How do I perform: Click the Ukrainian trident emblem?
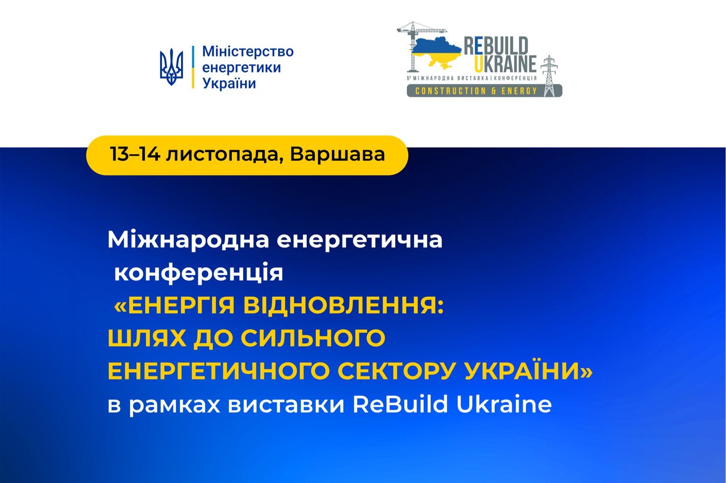[171, 67]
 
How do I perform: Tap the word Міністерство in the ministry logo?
[248, 52]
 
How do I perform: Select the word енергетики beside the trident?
[241, 68]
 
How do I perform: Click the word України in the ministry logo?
[229, 84]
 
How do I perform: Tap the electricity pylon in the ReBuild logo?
[549, 76]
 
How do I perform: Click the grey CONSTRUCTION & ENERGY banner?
[484, 91]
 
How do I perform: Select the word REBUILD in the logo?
[496, 45]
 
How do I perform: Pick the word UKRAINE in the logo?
[505, 64]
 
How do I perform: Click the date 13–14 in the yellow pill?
[135, 154]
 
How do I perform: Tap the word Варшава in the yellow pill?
[338, 154]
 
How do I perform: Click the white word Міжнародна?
[188, 240]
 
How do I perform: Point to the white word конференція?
[199, 273]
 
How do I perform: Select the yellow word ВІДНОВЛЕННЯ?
[343, 306]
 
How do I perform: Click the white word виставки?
[286, 405]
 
